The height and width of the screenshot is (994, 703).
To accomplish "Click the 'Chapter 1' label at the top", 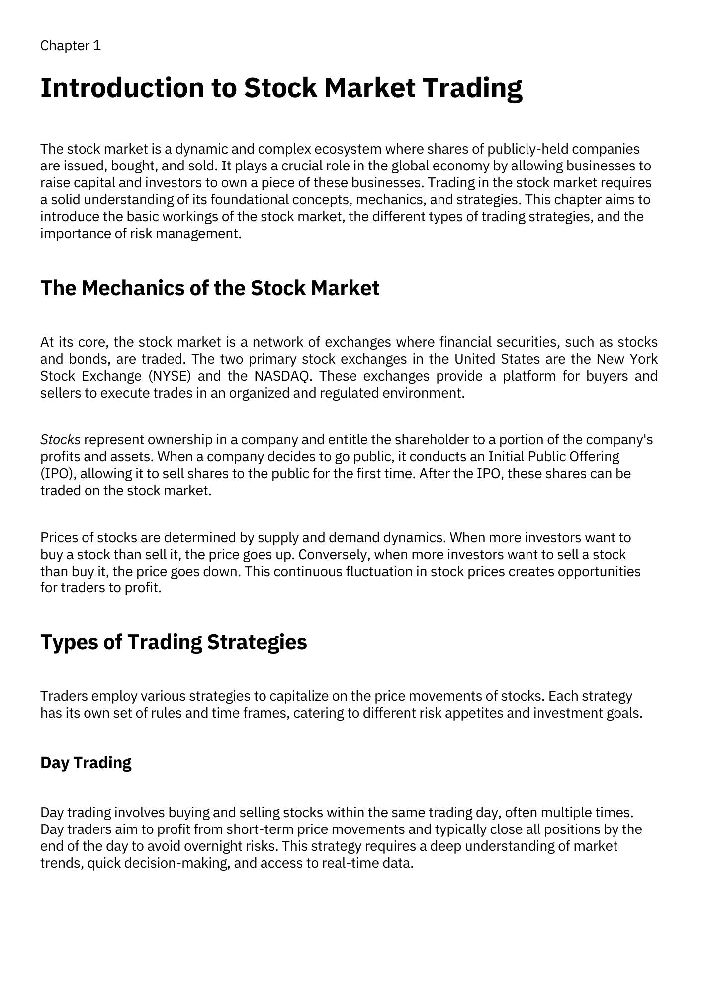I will tap(71, 46).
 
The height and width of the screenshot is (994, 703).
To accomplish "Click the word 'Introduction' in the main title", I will tap(122, 88).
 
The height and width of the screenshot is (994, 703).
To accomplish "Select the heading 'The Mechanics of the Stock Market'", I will tap(209, 288).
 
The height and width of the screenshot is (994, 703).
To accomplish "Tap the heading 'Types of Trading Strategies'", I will tap(174, 642).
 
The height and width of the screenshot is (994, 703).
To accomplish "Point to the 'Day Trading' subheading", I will tap(86, 762).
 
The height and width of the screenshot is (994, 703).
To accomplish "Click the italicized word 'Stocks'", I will tap(60, 440).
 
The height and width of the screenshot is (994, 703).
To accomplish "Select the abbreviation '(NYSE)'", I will tap(170, 376).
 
